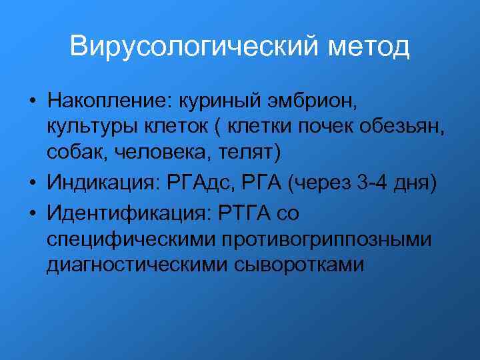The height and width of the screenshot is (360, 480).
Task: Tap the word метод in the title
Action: [x=369, y=47]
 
